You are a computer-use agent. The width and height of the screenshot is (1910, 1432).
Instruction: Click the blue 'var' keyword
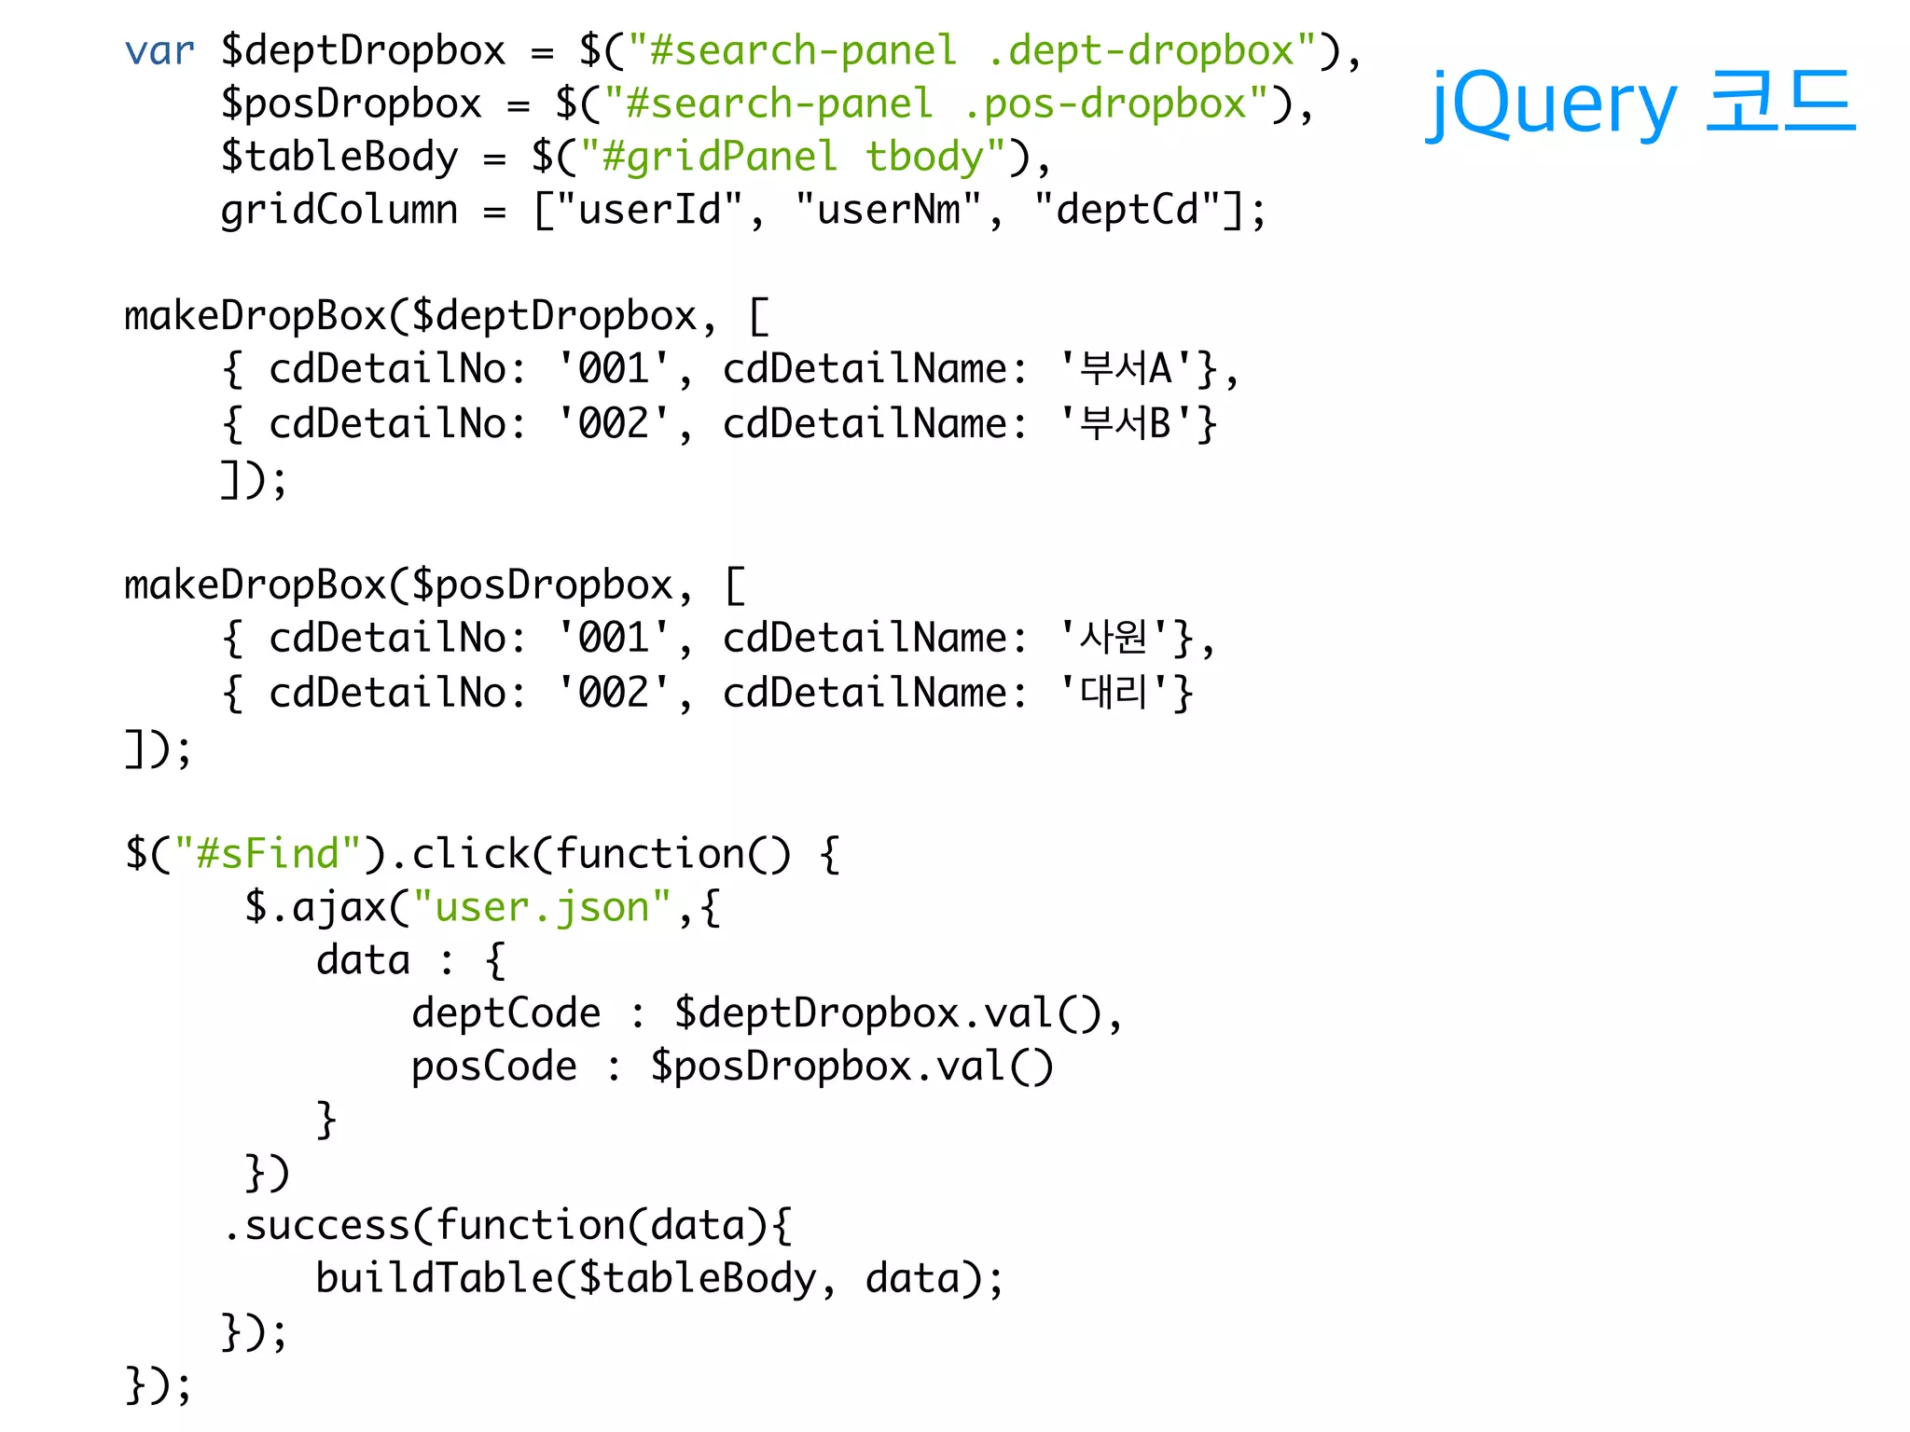159,51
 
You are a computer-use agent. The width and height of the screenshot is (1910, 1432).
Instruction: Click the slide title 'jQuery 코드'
1640,103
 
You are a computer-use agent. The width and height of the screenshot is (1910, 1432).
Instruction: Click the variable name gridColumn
339,210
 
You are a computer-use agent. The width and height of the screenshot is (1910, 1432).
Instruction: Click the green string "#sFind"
268,854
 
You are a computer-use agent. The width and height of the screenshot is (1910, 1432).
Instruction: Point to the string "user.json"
542,907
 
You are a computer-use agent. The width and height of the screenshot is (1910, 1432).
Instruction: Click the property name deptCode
506,1013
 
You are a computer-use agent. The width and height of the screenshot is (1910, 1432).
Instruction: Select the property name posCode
494,1067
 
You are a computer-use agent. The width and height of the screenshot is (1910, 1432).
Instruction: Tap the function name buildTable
435,1278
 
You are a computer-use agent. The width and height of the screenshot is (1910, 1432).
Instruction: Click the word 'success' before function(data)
327,1225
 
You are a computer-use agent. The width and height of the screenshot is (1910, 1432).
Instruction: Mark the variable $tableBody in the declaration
339,157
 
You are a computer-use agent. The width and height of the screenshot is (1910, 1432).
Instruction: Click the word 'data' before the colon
363,960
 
